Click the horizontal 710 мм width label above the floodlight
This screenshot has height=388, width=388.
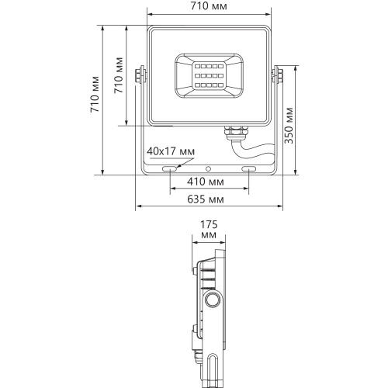(x=209, y=6)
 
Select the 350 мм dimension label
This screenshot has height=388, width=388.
(x=289, y=126)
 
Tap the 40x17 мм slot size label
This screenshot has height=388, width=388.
(x=171, y=151)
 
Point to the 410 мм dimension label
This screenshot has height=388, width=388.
(x=206, y=182)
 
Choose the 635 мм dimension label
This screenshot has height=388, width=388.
(x=206, y=199)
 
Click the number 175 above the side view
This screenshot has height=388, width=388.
(x=209, y=224)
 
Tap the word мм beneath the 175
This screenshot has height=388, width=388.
(x=209, y=235)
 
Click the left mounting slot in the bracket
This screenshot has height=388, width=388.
(x=169, y=169)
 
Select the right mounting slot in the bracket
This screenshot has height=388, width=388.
(x=248, y=169)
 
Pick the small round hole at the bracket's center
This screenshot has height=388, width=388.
(x=208, y=169)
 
